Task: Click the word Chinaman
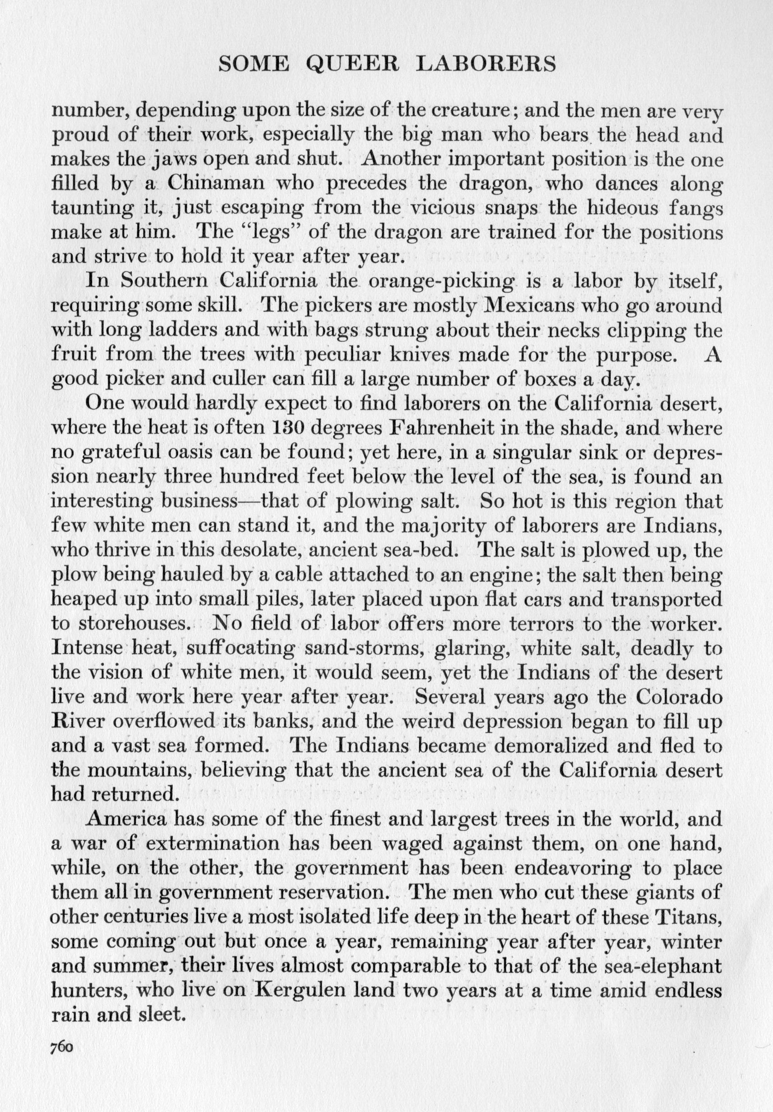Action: (216, 184)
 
